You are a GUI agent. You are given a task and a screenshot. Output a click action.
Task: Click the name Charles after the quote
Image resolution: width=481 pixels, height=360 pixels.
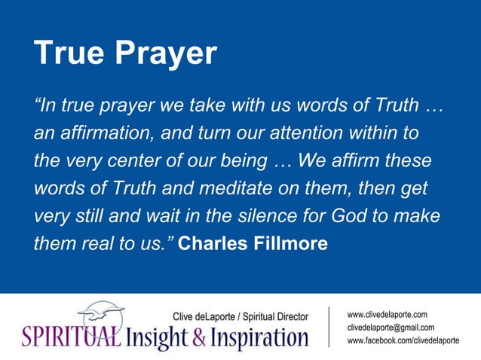click(x=216, y=243)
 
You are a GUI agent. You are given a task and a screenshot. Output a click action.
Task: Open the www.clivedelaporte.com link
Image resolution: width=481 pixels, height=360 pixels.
click(x=388, y=314)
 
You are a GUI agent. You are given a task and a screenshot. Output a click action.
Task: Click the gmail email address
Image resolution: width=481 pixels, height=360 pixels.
click(x=391, y=328)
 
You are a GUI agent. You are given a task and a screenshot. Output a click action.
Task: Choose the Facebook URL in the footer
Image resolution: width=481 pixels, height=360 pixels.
click(x=403, y=341)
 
